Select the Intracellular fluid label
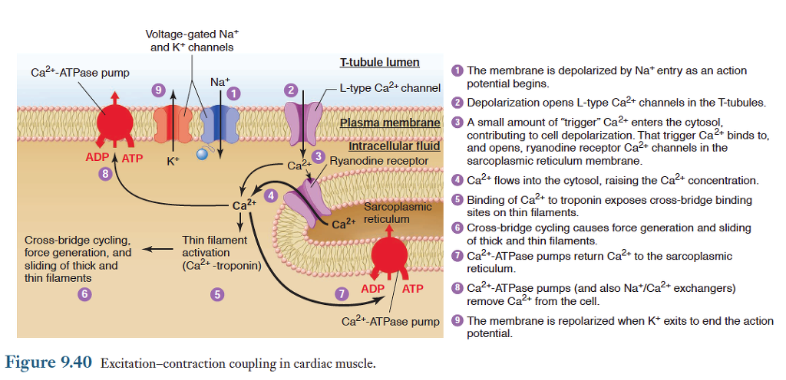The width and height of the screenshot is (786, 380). [x=394, y=146]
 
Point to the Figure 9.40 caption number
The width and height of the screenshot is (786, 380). [x=49, y=362]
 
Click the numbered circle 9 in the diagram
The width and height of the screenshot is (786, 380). [x=159, y=90]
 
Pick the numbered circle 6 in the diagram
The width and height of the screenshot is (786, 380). [x=84, y=293]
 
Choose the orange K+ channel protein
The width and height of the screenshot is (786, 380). [x=173, y=123]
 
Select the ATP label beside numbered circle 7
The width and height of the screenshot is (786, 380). [x=413, y=289]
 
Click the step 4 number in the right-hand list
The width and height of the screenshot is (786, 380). [x=457, y=181]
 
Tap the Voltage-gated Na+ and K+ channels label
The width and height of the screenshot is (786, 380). [x=190, y=41]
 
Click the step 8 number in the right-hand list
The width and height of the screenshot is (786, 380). [x=457, y=288]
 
